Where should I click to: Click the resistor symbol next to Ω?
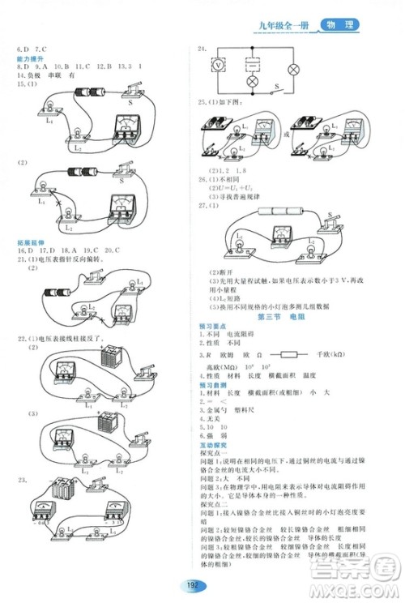[x=288, y=354]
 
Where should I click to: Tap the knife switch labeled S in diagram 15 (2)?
[x=126, y=167]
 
